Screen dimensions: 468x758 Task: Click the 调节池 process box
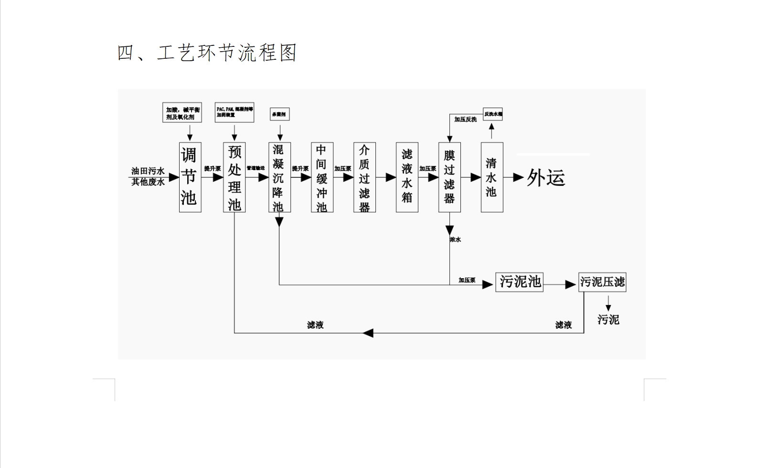[x=190, y=177]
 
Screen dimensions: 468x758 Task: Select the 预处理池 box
[x=234, y=177]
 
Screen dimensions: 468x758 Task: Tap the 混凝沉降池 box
[x=279, y=177]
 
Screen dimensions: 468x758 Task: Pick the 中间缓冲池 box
[x=322, y=177]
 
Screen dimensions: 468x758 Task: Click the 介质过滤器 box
[x=364, y=177]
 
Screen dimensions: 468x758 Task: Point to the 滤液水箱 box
[x=407, y=177]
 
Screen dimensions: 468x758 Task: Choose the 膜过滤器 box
[x=449, y=177]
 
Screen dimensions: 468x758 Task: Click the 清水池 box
[x=491, y=177]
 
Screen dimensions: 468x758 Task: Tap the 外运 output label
[x=546, y=178]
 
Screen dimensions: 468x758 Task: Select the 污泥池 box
[x=519, y=282]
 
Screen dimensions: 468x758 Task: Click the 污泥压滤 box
[x=602, y=282]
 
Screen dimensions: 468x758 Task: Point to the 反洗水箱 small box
[x=492, y=114]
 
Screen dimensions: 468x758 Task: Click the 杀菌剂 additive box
[x=279, y=114]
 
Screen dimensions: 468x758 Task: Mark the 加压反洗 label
[x=465, y=120]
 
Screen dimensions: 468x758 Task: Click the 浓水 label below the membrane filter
[x=455, y=239]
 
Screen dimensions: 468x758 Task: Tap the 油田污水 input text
[x=148, y=171]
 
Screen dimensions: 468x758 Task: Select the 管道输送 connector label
[x=256, y=168]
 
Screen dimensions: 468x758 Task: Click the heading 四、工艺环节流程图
[x=207, y=53]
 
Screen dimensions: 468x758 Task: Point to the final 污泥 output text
[x=608, y=319]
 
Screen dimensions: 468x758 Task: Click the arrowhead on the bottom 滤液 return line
[x=367, y=333]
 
